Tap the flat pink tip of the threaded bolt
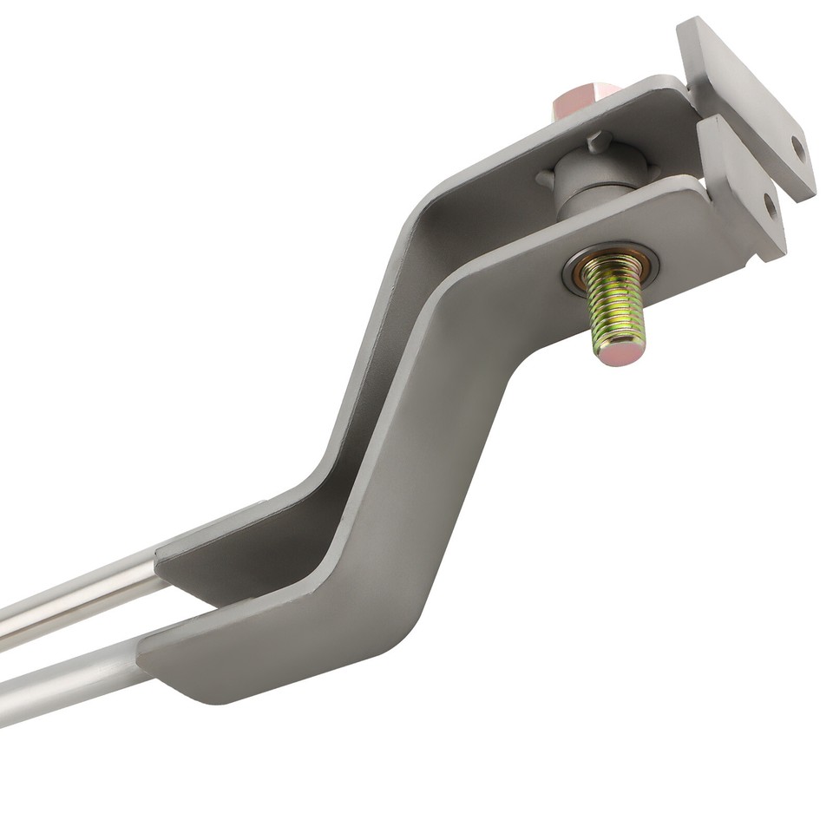[x=618, y=351]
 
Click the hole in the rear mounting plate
[x=797, y=148]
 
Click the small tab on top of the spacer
[x=598, y=140]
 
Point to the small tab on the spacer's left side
[x=545, y=180]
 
